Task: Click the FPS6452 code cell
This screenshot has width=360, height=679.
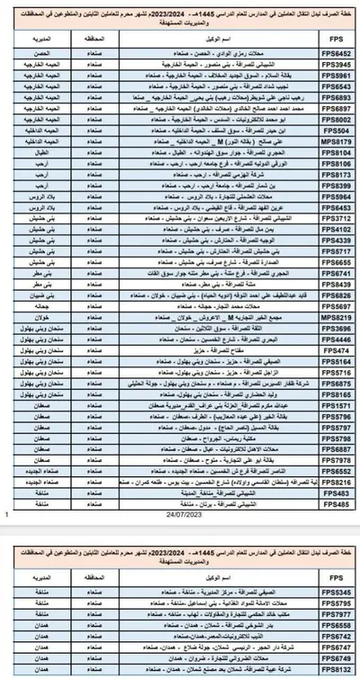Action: pyautogui.click(x=335, y=54)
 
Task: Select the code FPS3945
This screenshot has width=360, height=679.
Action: pyautogui.click(x=335, y=64)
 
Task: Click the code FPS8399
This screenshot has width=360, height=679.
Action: pyautogui.click(x=335, y=185)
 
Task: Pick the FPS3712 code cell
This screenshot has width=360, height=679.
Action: pyautogui.click(x=335, y=217)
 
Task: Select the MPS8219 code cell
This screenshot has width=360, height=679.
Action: pyautogui.click(x=335, y=316)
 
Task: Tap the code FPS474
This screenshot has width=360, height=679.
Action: pyautogui.click(x=335, y=349)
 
